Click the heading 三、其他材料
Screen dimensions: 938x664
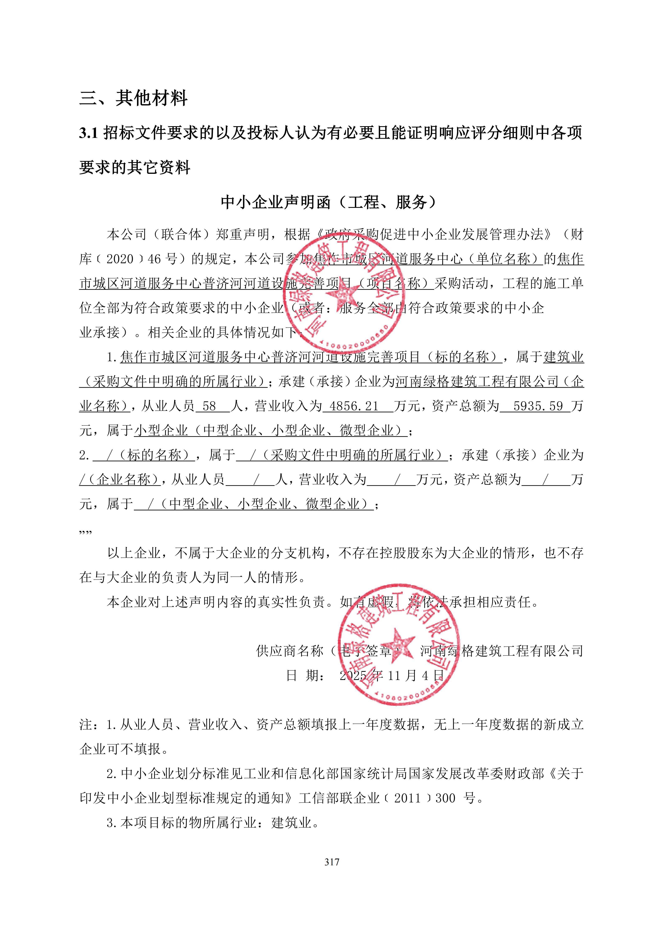pos(133,98)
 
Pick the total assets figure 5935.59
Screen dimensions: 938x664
pos(538,406)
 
